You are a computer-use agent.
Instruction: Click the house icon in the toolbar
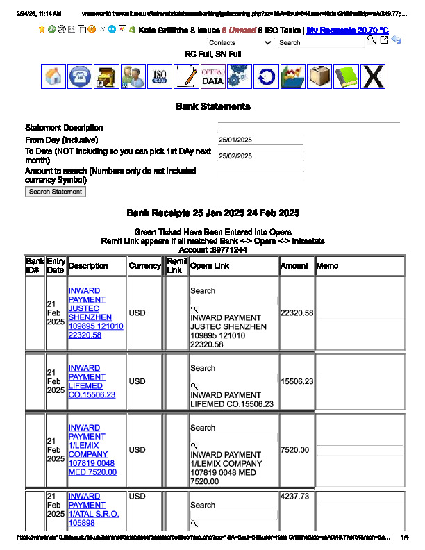(x=54, y=76)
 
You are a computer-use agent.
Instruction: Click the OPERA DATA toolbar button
(x=212, y=76)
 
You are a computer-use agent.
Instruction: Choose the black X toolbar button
(x=373, y=76)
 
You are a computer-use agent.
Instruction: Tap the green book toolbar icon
(x=346, y=76)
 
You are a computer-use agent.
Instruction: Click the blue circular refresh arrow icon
(x=265, y=76)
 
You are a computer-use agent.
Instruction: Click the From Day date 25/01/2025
(x=235, y=140)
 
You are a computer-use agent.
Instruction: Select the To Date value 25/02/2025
(x=235, y=156)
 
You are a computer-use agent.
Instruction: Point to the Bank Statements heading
(x=212, y=106)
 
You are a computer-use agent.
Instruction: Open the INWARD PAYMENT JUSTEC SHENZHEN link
(x=95, y=312)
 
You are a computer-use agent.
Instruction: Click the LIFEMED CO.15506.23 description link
(x=91, y=381)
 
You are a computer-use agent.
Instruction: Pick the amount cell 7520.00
(x=294, y=450)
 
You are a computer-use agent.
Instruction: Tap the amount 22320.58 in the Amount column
(x=297, y=312)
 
